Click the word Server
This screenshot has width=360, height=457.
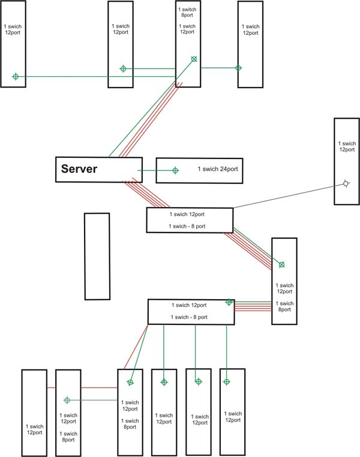tap(79, 169)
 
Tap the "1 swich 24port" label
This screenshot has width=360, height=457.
tap(218, 170)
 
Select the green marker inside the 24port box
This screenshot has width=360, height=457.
tap(175, 171)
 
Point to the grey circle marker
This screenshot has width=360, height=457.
tap(346, 184)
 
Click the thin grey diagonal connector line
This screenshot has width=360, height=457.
tap(282, 196)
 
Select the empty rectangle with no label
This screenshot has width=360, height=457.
tap(97, 256)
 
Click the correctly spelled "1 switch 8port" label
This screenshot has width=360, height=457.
tap(187, 14)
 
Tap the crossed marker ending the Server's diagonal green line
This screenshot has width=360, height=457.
tap(193, 59)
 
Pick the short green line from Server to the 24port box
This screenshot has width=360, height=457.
tap(150, 171)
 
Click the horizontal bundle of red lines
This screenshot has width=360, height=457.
tap(252, 306)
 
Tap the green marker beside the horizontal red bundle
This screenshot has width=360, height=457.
tap(229, 302)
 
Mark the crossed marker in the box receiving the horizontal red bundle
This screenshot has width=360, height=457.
tap(281, 264)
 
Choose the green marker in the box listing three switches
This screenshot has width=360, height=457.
tap(67, 400)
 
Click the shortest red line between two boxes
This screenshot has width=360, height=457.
tap(51, 387)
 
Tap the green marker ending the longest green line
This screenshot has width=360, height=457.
tap(16, 76)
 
